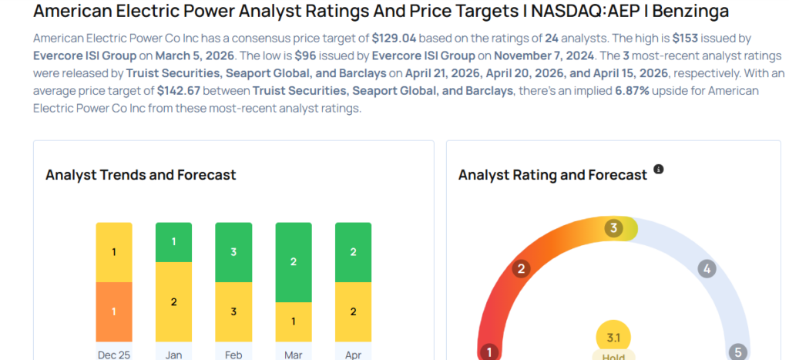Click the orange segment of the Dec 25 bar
(114, 311)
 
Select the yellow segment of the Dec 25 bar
(114, 252)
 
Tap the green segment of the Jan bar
(174, 241)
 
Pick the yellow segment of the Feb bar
(233, 311)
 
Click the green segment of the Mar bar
(294, 262)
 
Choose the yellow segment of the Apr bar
(353, 311)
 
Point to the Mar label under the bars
(294, 354)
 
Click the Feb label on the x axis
(233, 354)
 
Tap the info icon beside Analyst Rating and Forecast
(659, 170)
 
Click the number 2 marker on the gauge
(522, 269)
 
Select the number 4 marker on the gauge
(706, 269)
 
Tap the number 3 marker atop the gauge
(614, 228)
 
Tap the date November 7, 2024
(544, 56)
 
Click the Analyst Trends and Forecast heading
(141, 175)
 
